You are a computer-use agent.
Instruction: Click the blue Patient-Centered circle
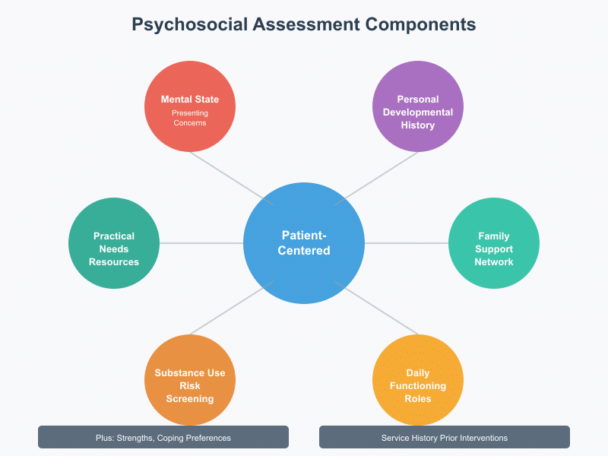click(304, 243)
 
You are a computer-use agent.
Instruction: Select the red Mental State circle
click(190, 106)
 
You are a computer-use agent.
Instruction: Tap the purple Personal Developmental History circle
click(418, 106)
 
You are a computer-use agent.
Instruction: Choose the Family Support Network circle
click(494, 243)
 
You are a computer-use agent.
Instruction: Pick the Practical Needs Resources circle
click(114, 243)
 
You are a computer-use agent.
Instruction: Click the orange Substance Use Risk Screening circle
click(190, 380)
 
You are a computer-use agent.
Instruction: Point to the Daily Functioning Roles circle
click(418, 380)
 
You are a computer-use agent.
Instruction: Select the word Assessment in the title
click(302, 24)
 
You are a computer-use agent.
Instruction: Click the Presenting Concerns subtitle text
click(189, 118)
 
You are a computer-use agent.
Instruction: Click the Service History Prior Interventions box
click(445, 437)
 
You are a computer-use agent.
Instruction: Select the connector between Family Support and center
click(407, 243)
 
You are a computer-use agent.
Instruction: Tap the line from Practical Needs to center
click(201, 243)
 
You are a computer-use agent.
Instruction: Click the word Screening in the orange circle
click(190, 399)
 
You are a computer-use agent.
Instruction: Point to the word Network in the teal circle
click(494, 262)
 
